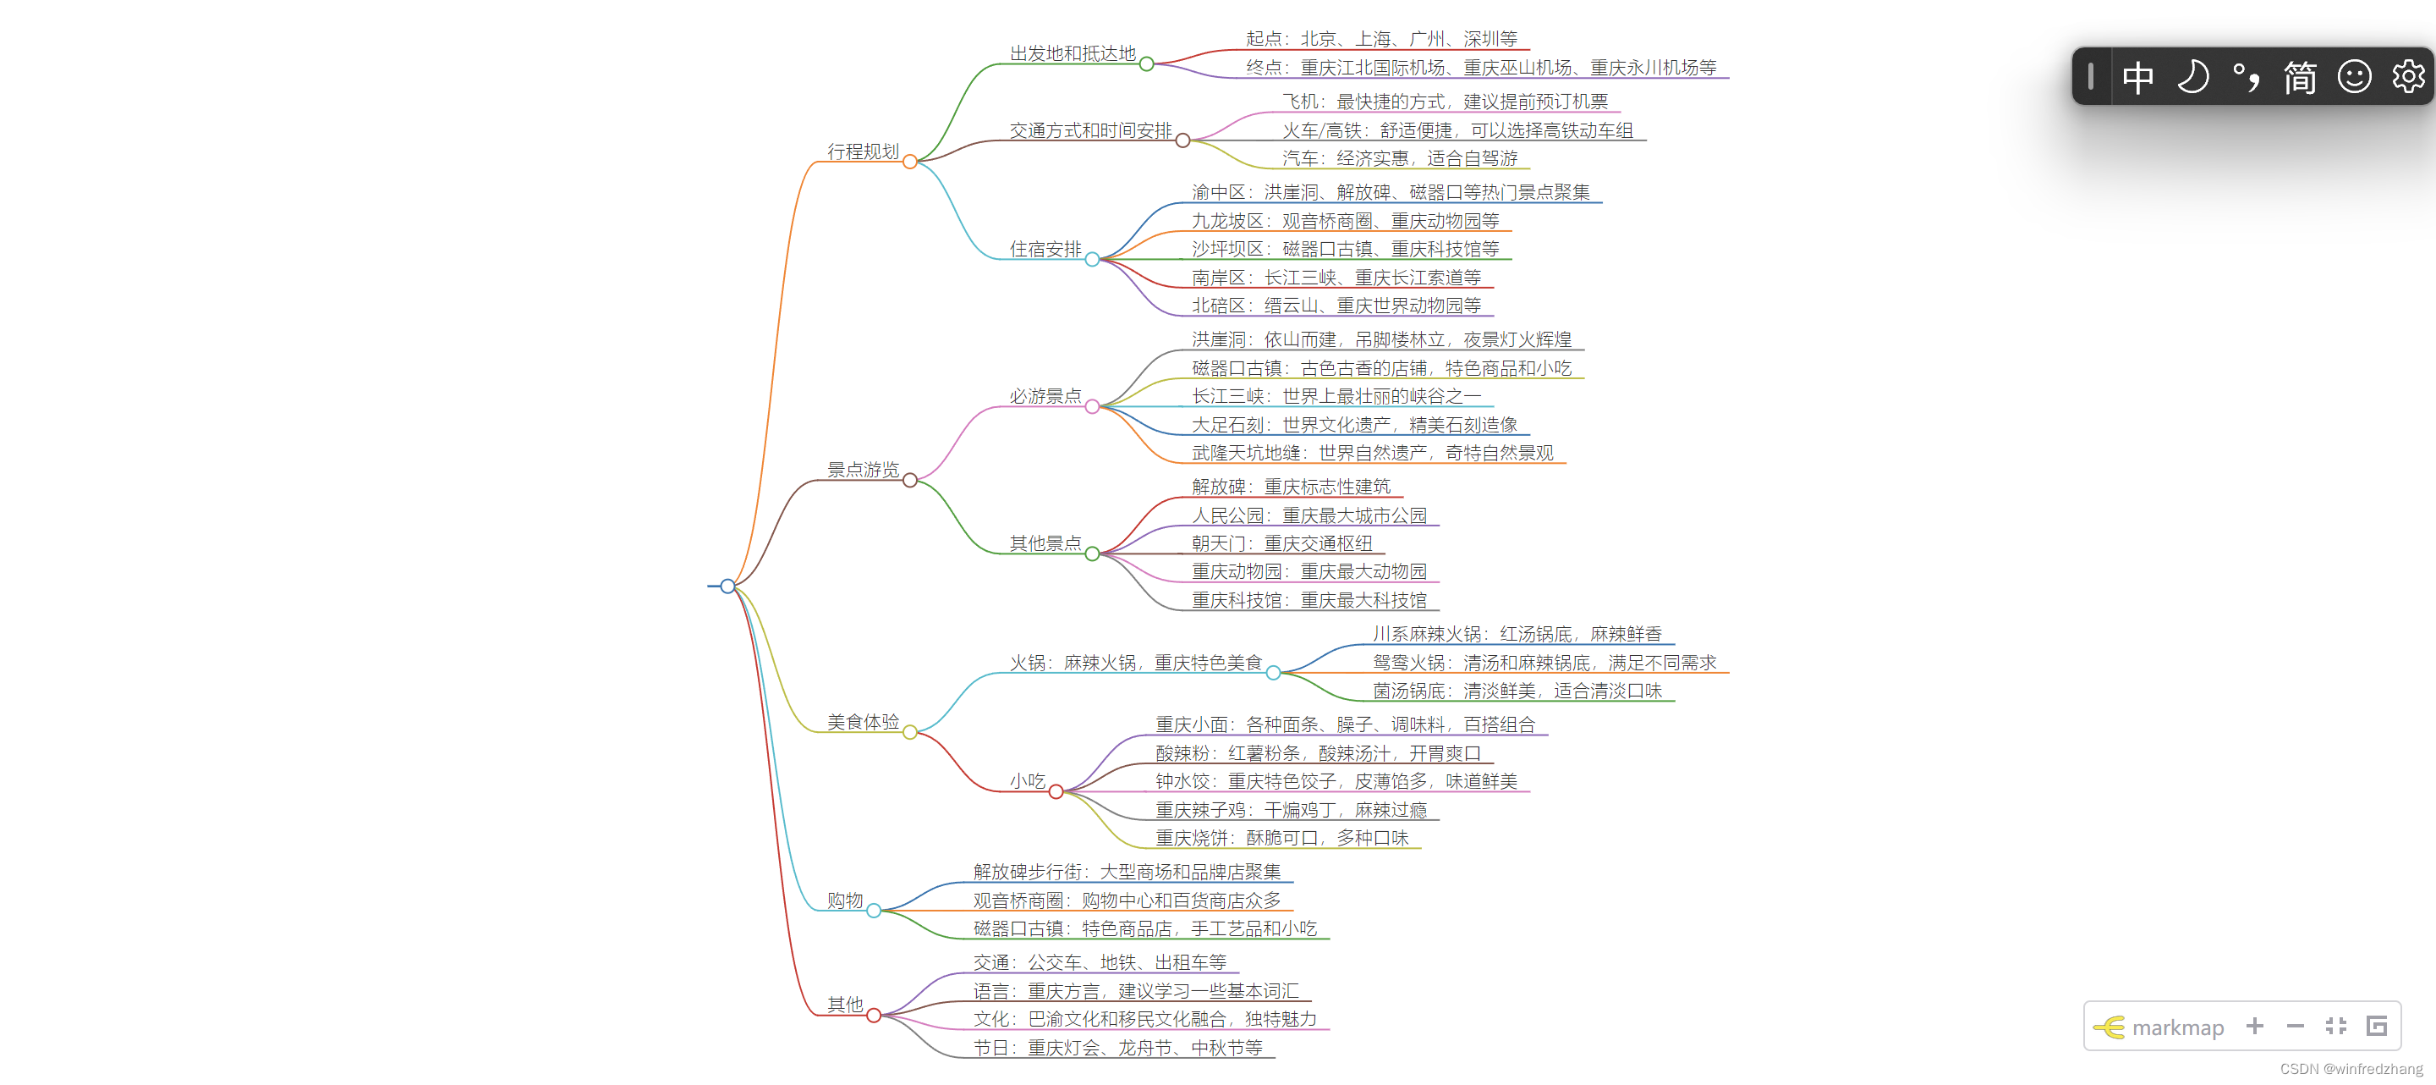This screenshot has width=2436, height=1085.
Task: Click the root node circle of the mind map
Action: coord(727,587)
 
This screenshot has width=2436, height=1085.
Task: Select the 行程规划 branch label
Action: coord(863,151)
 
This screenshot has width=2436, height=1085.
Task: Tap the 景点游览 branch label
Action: coord(863,470)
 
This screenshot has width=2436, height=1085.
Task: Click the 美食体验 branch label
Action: coord(863,722)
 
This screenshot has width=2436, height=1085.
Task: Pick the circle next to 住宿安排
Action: coord(1092,259)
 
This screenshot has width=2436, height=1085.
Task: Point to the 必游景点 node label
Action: coord(1045,396)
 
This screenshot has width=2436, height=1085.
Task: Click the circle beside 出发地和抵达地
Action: coord(1146,64)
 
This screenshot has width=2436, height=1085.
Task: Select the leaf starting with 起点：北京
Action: coord(1380,39)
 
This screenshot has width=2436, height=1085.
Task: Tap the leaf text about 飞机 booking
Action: coord(1444,102)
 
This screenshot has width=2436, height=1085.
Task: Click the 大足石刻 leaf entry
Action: coord(1353,425)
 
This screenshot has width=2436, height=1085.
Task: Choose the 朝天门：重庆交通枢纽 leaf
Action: coord(1281,544)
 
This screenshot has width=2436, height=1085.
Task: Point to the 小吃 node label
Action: coord(1027,781)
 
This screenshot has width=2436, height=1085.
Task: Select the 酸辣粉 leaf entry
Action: coord(1317,753)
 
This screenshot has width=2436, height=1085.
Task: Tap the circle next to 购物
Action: coord(874,911)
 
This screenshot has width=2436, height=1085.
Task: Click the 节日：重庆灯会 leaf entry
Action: coord(1116,1048)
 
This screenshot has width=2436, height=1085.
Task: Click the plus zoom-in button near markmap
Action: coord(2254,1027)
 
